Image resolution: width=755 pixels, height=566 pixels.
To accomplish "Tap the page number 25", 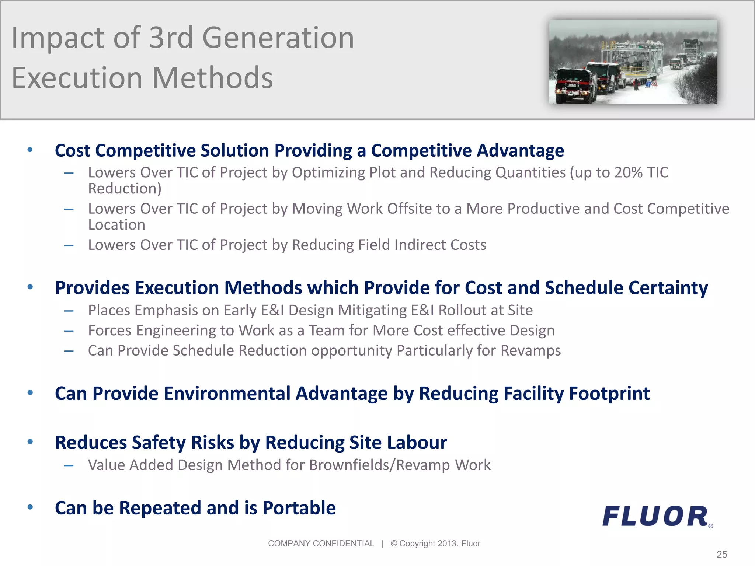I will [x=722, y=554].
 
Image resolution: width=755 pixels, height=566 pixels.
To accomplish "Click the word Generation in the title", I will [x=278, y=38].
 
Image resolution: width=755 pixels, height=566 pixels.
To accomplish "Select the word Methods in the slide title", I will [x=212, y=78].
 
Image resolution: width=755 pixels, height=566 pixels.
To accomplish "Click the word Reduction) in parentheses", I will [x=125, y=189].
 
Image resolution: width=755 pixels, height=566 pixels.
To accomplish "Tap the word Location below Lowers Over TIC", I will [x=116, y=225].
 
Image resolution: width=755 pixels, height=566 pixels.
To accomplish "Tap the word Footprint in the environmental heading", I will [x=609, y=394].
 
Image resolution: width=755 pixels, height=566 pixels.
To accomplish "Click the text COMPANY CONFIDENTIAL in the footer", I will [x=321, y=544].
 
